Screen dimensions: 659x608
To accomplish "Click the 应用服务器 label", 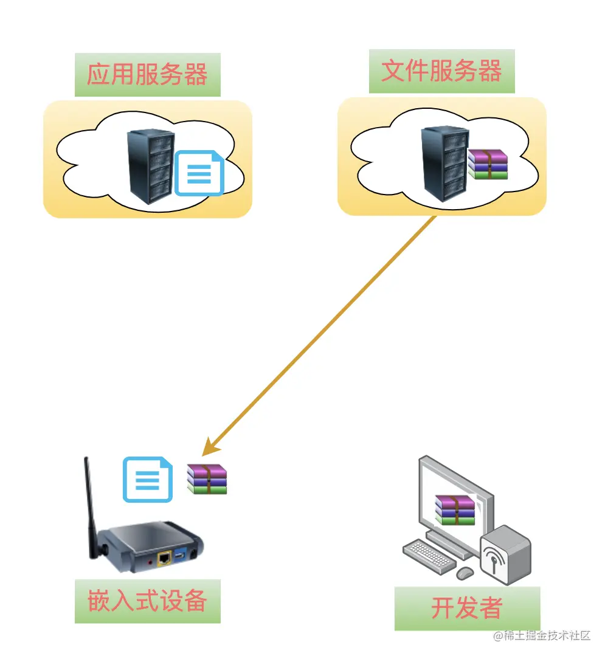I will [147, 75].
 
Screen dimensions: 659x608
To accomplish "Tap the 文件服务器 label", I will [441, 72].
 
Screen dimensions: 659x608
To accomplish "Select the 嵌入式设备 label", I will [147, 601].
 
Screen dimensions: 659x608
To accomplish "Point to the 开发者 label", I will [467, 608].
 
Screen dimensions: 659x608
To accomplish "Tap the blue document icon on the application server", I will [199, 173].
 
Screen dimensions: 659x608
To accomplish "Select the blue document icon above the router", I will [147, 480].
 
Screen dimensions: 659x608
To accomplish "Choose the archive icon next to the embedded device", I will [207, 479].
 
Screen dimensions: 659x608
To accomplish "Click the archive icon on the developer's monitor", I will [455, 509].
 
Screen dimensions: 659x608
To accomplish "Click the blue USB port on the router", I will [181, 556].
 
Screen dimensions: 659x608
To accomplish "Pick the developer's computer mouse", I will [465, 573].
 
